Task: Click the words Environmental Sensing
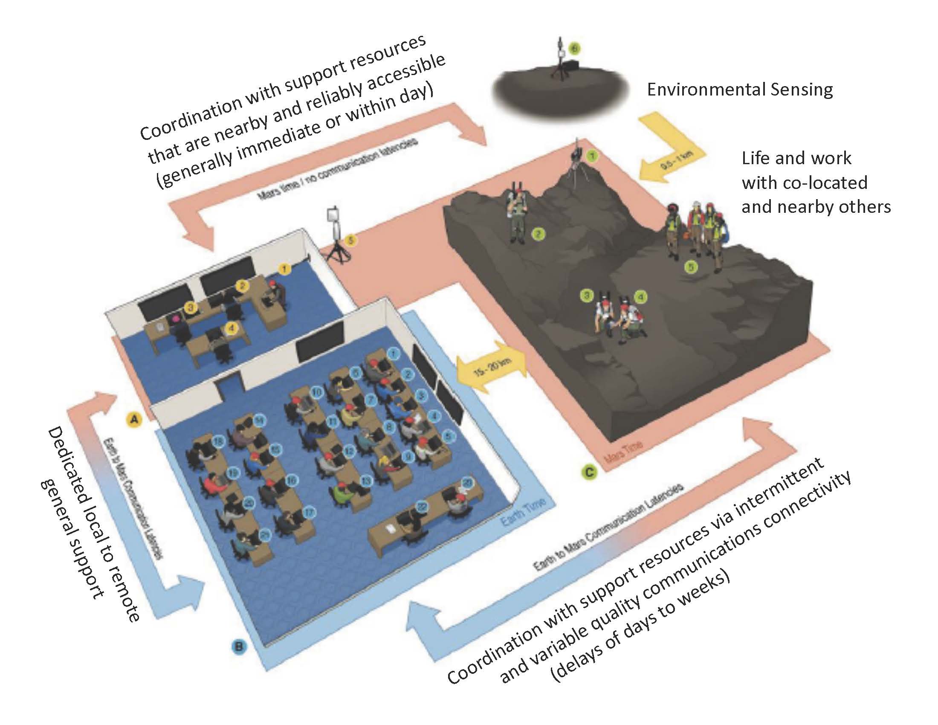tap(740, 90)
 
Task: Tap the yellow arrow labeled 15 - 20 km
tap(492, 368)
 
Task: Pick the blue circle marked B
tap(239, 646)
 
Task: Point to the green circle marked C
tap(589, 473)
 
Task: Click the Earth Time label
tap(524, 511)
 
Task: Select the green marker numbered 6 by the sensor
tap(574, 49)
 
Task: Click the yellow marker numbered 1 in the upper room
tap(284, 269)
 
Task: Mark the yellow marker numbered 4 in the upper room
tap(232, 328)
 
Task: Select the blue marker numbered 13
tap(365, 481)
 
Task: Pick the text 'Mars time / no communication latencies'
tap(337, 170)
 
